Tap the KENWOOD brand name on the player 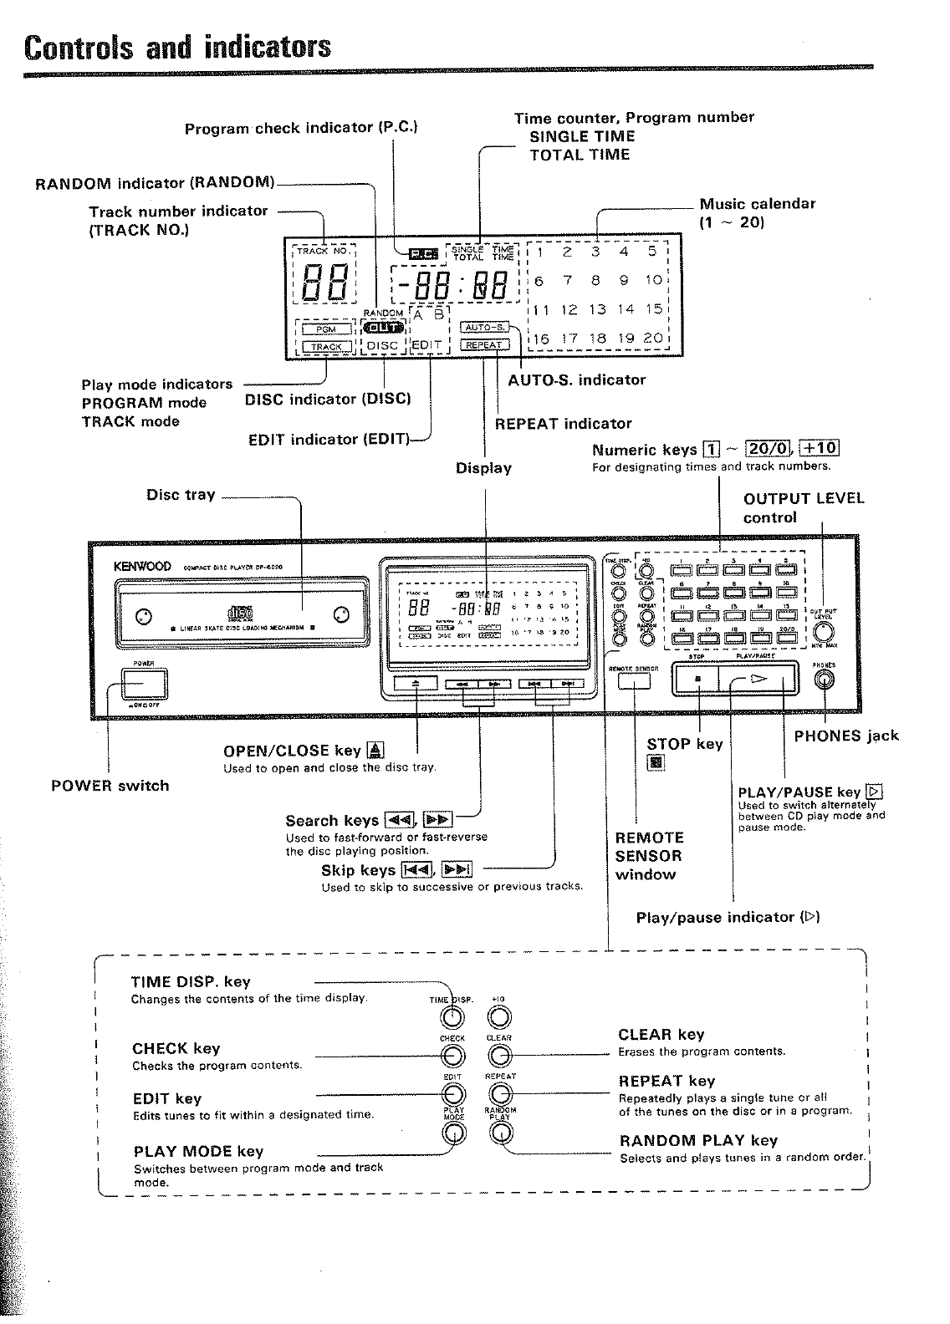click(x=141, y=566)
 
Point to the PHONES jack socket click(x=824, y=680)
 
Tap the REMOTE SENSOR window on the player click(x=634, y=681)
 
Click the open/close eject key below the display click(x=416, y=683)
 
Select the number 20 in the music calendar click(x=652, y=339)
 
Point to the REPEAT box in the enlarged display click(x=484, y=344)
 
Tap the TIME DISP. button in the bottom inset click(x=453, y=1016)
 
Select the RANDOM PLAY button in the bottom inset click(x=500, y=1133)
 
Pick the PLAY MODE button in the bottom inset click(x=453, y=1133)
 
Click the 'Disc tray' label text click(x=181, y=495)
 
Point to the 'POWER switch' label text click(x=110, y=786)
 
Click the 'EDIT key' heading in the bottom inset click(x=166, y=1098)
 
